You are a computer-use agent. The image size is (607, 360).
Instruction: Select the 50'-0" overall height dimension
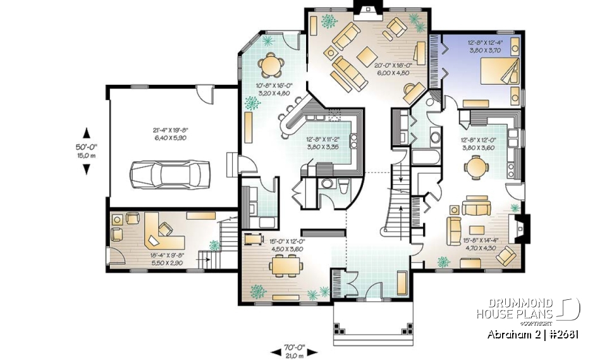(87, 151)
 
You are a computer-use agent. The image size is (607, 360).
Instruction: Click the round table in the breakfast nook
(271, 63)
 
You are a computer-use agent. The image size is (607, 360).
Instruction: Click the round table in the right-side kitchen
(475, 167)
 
